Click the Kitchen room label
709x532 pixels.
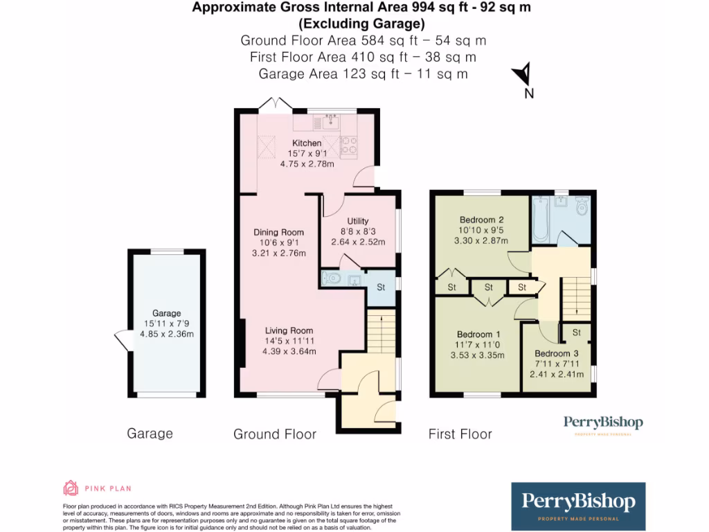(306, 143)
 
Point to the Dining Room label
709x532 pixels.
(278, 232)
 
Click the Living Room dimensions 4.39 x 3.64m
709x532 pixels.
(288, 351)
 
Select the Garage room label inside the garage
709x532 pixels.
(167, 313)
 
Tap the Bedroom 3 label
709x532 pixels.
(553, 353)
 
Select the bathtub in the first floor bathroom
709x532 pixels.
(541, 218)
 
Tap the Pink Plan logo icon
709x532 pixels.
(71, 488)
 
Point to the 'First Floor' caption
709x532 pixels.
(460, 434)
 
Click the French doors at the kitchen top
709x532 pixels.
(276, 103)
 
